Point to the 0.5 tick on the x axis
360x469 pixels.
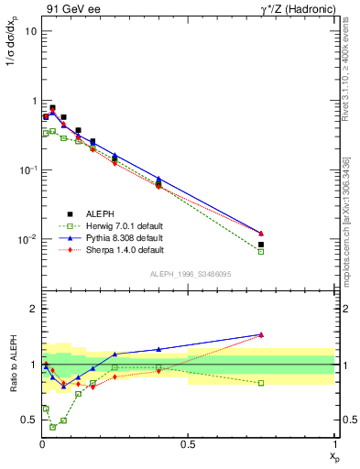[188, 444]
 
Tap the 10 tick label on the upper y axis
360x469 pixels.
[29, 31]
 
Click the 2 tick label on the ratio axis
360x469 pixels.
[32, 310]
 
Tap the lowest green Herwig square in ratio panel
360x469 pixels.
[53, 427]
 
